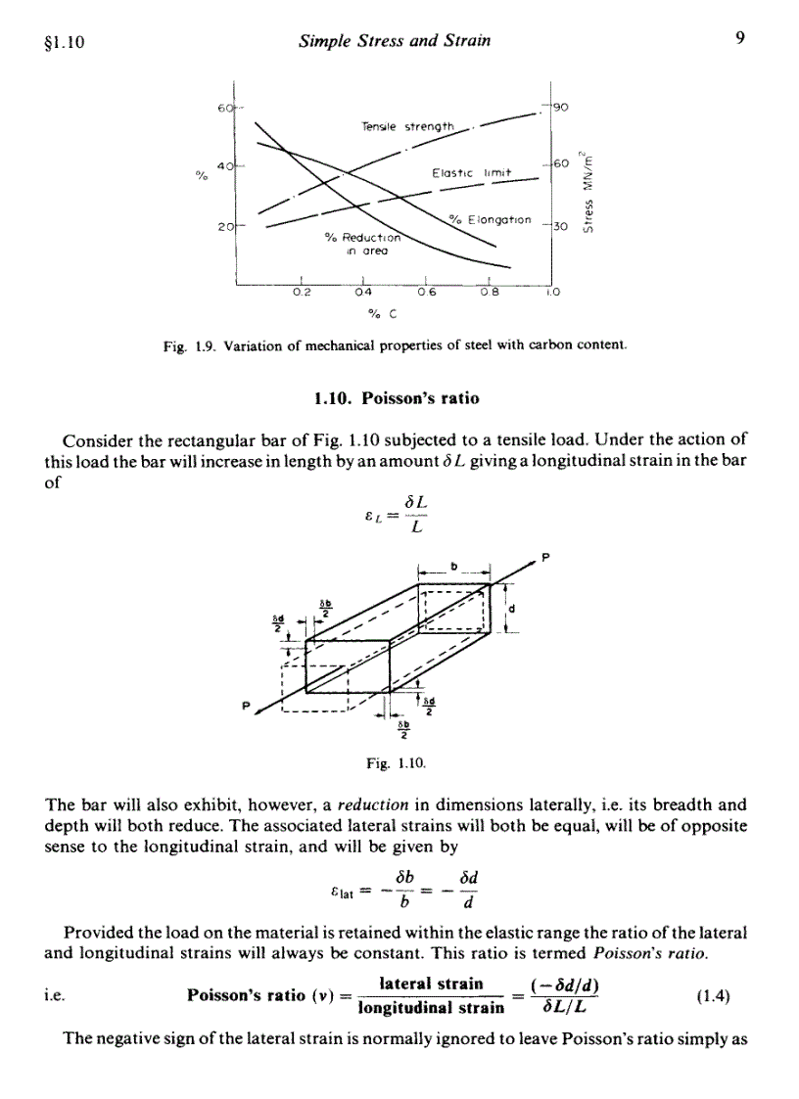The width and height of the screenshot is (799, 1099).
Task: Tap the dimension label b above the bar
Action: (x=453, y=565)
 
